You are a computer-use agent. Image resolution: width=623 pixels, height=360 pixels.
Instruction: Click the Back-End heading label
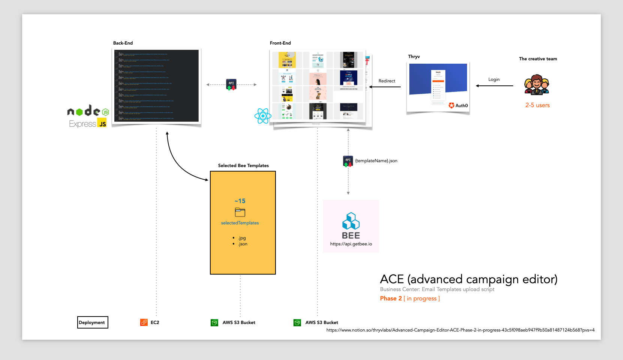pyautogui.click(x=123, y=43)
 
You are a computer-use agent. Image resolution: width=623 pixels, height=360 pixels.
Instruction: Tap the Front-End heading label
pyautogui.click(x=280, y=43)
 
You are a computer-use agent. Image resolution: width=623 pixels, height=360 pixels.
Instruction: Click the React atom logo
pyautogui.click(x=263, y=116)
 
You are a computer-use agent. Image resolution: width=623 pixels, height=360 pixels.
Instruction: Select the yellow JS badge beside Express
pyautogui.click(x=102, y=123)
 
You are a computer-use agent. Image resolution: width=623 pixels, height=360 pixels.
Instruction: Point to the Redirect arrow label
pyautogui.click(x=386, y=81)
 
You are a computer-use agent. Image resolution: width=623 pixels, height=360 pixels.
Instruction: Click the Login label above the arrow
pyautogui.click(x=494, y=79)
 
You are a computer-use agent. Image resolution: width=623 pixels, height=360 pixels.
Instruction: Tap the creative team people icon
pyautogui.click(x=536, y=85)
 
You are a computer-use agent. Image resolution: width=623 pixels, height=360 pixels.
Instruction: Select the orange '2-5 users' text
pyautogui.click(x=537, y=105)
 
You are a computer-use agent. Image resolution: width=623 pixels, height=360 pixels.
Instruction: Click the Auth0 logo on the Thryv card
pyautogui.click(x=458, y=106)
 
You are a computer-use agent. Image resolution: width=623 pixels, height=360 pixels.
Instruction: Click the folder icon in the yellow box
pyautogui.click(x=240, y=212)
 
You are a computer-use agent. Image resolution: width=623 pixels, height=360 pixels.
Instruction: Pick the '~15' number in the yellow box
pyautogui.click(x=240, y=201)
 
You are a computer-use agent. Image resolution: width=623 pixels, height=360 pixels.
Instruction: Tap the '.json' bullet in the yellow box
pyautogui.click(x=243, y=244)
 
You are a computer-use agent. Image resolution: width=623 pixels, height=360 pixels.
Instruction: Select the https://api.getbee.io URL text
pyautogui.click(x=351, y=244)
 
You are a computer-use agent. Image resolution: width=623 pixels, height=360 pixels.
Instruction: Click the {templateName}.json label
pyautogui.click(x=376, y=161)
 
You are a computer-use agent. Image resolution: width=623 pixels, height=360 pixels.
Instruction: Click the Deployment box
pyautogui.click(x=92, y=323)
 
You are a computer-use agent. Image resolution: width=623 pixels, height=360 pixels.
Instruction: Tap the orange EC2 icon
pyautogui.click(x=144, y=323)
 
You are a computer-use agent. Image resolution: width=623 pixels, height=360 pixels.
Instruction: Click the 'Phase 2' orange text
pyautogui.click(x=391, y=299)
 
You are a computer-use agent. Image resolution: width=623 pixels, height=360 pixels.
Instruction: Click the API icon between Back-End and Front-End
pyautogui.click(x=231, y=85)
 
